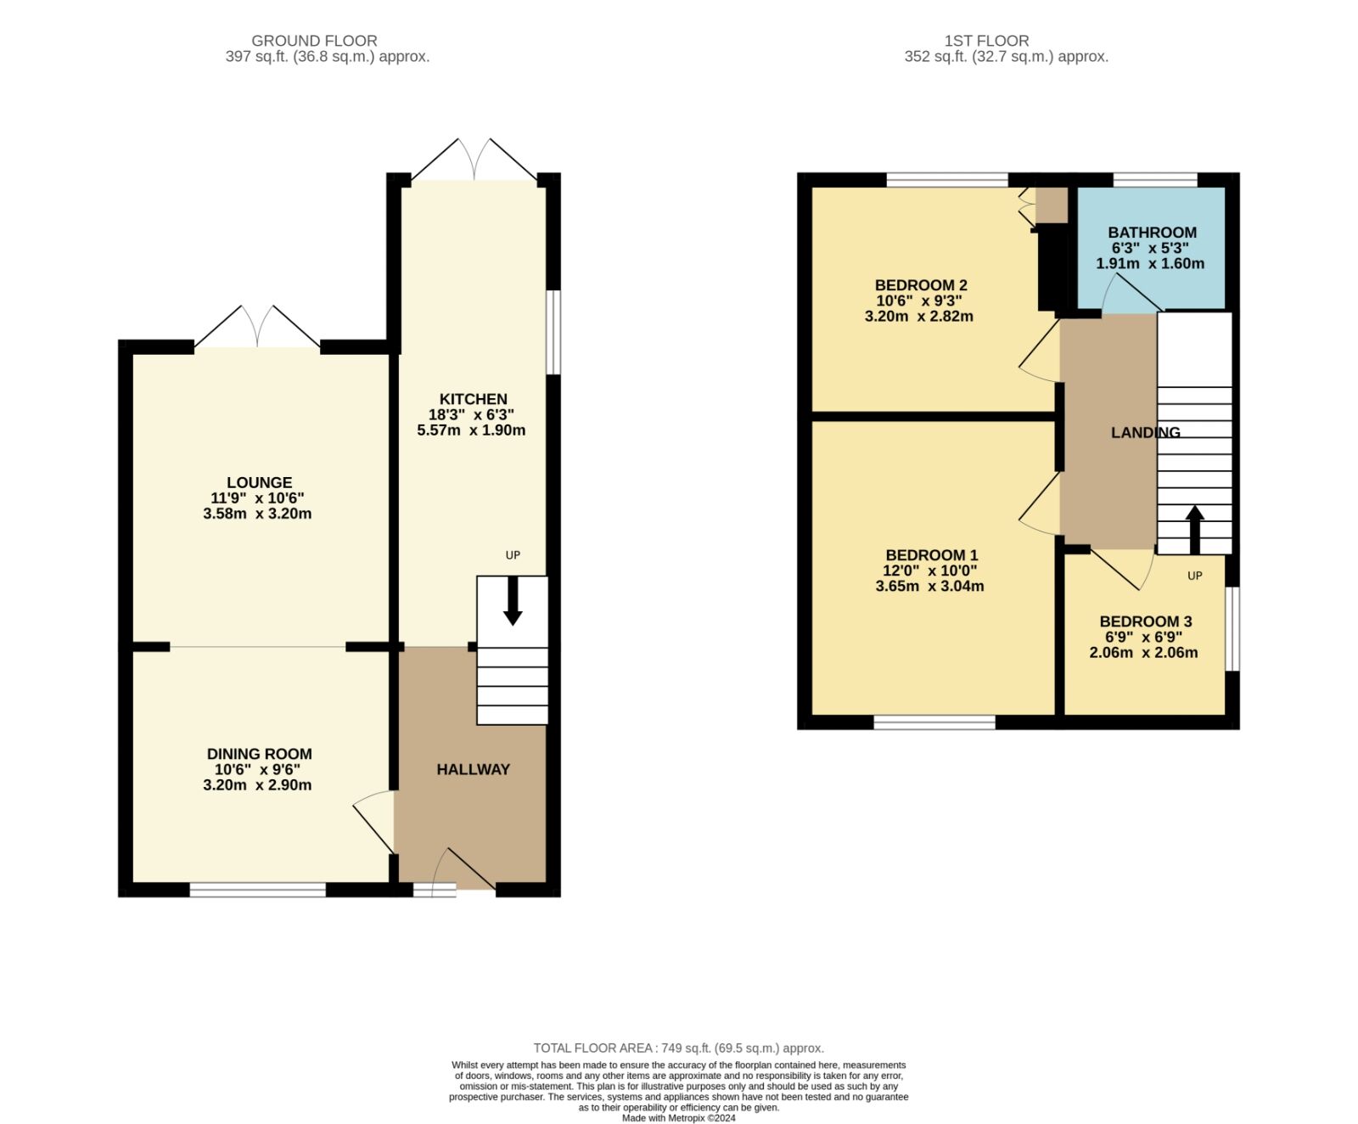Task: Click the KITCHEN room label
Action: (x=473, y=399)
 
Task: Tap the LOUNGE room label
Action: (x=259, y=483)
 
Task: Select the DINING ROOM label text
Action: (x=259, y=754)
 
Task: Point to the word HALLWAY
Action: (x=473, y=769)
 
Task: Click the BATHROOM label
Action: (x=1152, y=233)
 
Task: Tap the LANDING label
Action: (x=1146, y=433)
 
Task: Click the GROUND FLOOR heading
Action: (x=314, y=41)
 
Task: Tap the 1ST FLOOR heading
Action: (x=986, y=41)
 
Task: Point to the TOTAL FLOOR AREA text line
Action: (x=678, y=1048)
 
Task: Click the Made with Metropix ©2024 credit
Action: (x=678, y=1118)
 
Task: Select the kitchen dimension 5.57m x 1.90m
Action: (x=471, y=430)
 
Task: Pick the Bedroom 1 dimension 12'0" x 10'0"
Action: (x=929, y=571)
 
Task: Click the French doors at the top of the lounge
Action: (x=258, y=328)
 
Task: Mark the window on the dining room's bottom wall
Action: (x=257, y=890)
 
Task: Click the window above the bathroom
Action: (x=1155, y=180)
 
